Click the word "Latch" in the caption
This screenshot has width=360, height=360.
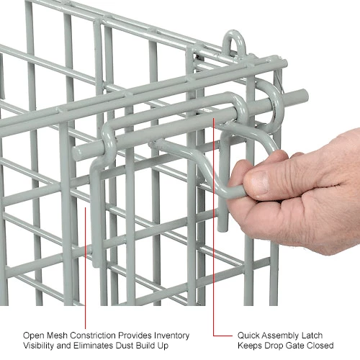(x=312, y=336)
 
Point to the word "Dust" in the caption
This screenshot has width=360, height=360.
(x=125, y=346)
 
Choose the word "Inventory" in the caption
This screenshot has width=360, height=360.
(x=171, y=336)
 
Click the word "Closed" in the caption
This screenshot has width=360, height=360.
(x=320, y=346)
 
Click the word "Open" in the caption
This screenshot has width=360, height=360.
(x=34, y=336)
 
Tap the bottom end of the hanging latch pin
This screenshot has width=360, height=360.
(x=222, y=229)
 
